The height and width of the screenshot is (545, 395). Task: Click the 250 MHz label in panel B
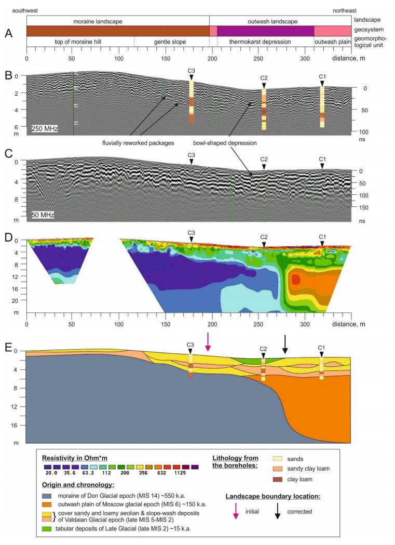coord(45,128)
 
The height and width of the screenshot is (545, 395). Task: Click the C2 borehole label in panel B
coord(264,78)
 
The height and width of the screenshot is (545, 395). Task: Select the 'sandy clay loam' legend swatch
coord(281,469)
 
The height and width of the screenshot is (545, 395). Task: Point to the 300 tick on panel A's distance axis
coord(304,58)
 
